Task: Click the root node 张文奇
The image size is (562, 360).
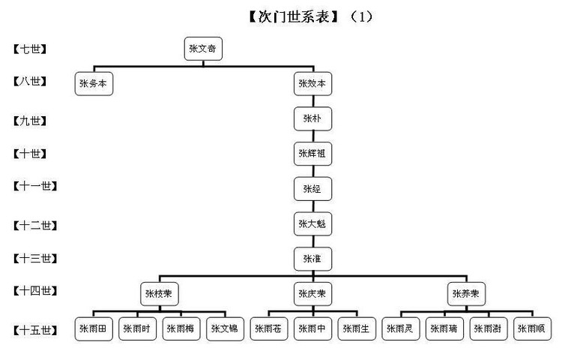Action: click(203, 49)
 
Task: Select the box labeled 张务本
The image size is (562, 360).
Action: click(94, 84)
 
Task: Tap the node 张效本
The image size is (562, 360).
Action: click(312, 84)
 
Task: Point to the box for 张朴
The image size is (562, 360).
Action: click(312, 118)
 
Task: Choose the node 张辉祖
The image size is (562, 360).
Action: click(312, 154)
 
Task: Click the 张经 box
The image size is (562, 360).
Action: click(312, 188)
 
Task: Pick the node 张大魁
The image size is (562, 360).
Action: click(312, 223)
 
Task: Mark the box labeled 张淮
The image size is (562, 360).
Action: click(312, 258)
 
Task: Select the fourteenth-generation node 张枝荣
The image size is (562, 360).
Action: click(160, 292)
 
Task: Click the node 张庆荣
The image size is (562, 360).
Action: click(312, 292)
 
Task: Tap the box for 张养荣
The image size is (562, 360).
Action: click(467, 292)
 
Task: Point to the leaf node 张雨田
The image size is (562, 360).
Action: click(94, 328)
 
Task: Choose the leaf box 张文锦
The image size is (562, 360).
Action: click(226, 328)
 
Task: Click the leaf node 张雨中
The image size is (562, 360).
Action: click(312, 328)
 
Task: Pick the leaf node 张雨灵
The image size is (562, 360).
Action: click(401, 328)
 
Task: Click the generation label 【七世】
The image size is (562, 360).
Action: click(30, 49)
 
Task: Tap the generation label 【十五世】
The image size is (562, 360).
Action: click(35, 329)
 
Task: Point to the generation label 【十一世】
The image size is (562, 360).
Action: click(35, 185)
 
